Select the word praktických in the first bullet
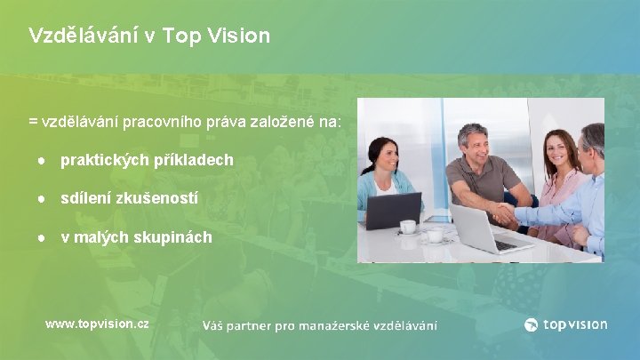click(98, 160)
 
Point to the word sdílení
click(86, 198)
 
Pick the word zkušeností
click(160, 198)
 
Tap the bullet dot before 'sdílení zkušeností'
click(42, 199)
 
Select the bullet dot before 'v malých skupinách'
click(42, 237)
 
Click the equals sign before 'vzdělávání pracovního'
click(33, 121)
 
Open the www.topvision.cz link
click(97, 324)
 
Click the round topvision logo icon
click(532, 324)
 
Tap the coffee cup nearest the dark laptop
click(409, 228)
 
